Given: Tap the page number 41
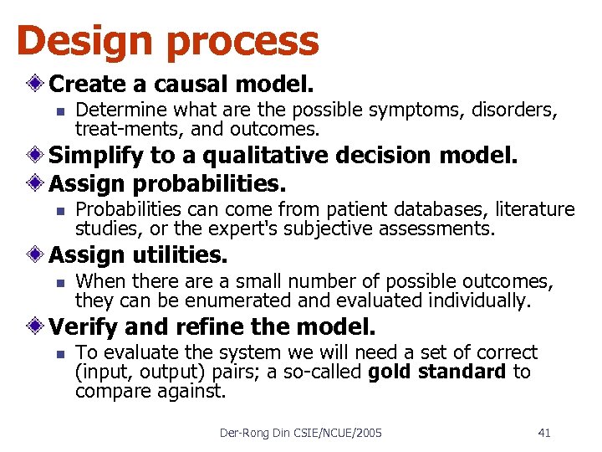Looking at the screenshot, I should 544,433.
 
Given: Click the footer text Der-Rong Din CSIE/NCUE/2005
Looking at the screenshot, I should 300,433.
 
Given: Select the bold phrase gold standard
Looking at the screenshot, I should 436,372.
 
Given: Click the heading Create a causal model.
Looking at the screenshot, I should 181,85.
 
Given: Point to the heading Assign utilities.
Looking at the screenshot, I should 138,254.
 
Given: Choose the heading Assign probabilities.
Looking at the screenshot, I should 167,182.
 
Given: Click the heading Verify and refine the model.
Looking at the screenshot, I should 212,326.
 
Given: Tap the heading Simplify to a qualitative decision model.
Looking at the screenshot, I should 283,155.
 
